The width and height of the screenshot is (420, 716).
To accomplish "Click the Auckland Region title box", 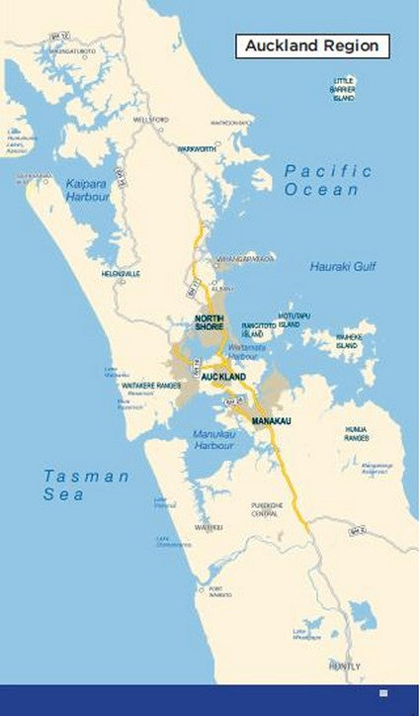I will point(312,45).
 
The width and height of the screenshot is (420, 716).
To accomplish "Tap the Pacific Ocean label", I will point(328,180).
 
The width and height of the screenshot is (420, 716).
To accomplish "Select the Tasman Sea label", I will point(86,485).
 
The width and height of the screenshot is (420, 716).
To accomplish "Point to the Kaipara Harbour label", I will point(88,190).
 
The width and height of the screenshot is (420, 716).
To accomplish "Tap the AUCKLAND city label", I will point(222,378).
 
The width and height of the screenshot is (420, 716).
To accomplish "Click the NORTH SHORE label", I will point(210,322).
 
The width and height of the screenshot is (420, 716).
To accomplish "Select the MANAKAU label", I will point(272,422).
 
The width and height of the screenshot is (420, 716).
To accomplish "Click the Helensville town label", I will point(121,273).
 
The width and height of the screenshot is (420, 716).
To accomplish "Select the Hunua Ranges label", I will point(357,432).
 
